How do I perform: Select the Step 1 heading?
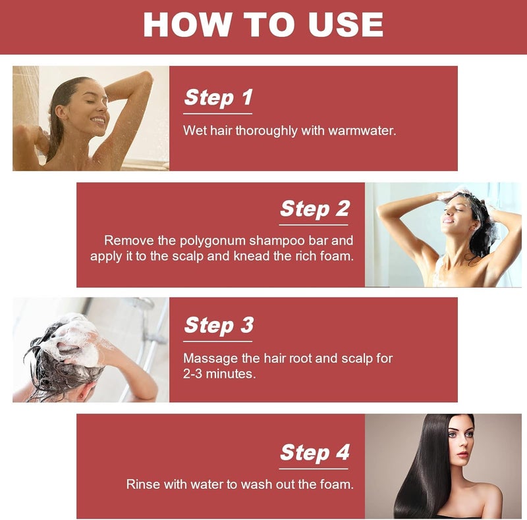pyautogui.click(x=218, y=97)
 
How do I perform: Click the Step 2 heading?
pyautogui.click(x=315, y=209)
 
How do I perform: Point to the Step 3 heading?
pyautogui.click(x=219, y=325)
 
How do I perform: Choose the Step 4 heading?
pyautogui.click(x=315, y=452)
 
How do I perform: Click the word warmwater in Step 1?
pyautogui.click(x=362, y=131)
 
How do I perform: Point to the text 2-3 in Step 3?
pyautogui.click(x=192, y=373)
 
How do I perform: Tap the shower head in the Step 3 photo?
pyautogui.click(x=142, y=303)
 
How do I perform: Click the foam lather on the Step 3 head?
pyautogui.click(x=78, y=339)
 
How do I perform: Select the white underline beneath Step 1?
pyautogui.click(x=218, y=114)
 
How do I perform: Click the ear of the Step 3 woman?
pyautogui.click(x=80, y=394)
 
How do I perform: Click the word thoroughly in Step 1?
pyautogui.click(x=266, y=131)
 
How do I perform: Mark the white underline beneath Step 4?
pyautogui.click(x=314, y=469)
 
